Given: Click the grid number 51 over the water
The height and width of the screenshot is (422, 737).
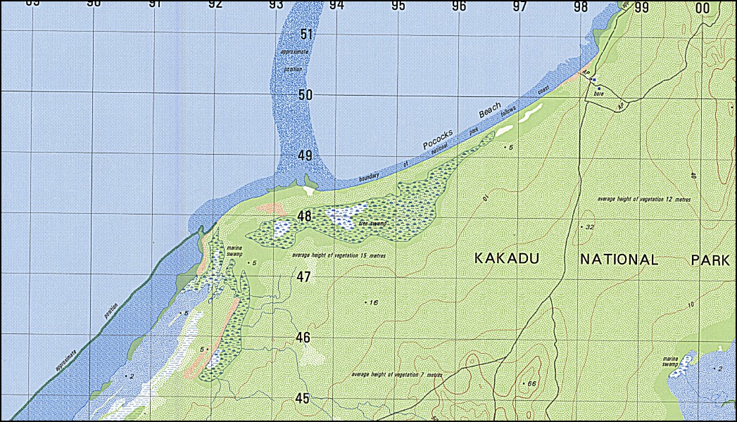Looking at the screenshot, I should (x=305, y=34).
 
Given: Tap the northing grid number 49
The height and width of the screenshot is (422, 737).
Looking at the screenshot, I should (x=305, y=155).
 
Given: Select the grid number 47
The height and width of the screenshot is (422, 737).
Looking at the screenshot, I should (x=303, y=277).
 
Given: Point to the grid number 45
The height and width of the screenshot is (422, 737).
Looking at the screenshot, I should (x=302, y=399).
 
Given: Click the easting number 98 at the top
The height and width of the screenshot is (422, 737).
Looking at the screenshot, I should (x=581, y=7).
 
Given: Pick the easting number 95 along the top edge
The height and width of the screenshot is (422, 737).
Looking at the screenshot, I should (x=398, y=6).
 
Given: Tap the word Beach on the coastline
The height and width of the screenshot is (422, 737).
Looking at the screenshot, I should (x=490, y=111).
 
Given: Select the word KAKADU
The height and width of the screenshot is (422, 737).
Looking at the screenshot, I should (x=507, y=260).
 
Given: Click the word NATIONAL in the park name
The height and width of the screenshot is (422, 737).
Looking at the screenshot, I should (x=619, y=260).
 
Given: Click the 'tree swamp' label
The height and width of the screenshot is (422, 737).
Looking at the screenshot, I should (x=373, y=224).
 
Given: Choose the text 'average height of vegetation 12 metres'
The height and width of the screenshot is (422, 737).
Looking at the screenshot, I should (x=644, y=200).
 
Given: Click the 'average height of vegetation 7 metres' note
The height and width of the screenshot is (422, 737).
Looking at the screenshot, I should (x=397, y=375).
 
